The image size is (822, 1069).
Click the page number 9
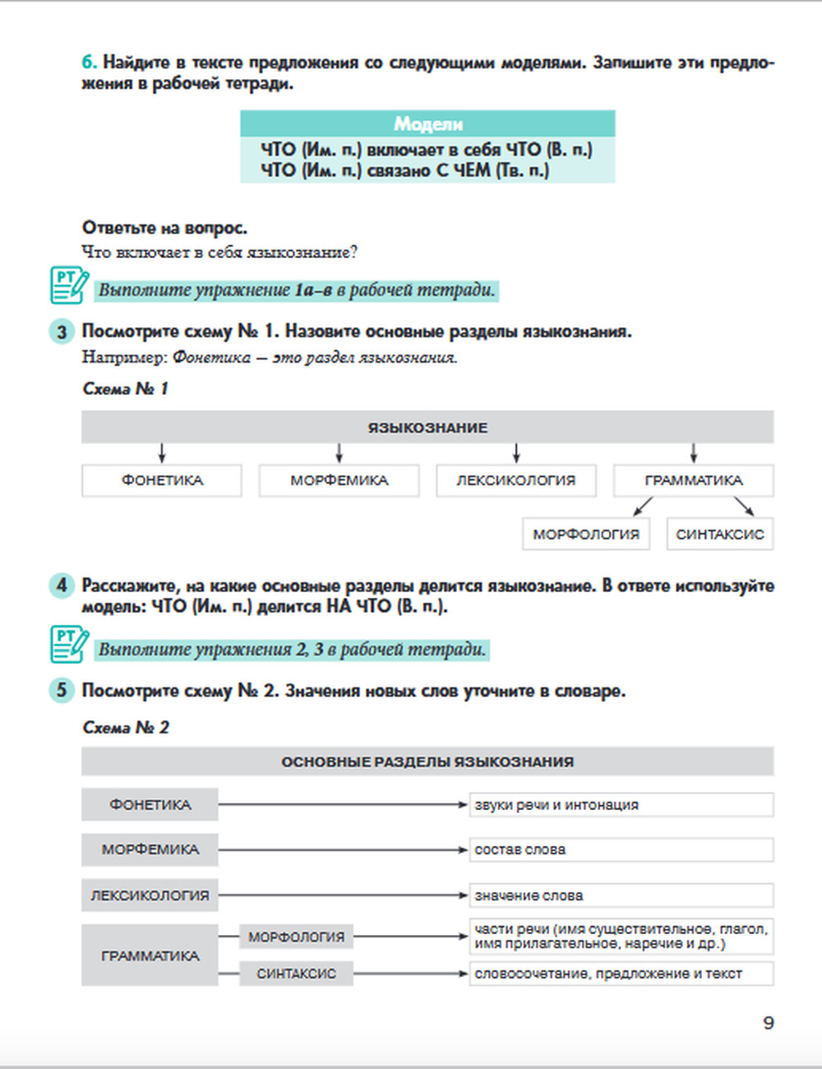769,1023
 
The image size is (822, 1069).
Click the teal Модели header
427,123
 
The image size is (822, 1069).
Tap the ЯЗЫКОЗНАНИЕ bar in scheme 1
427,428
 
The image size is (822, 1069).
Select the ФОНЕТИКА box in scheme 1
162,480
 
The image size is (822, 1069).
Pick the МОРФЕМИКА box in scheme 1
339,480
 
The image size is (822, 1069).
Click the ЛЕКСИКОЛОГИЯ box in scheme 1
516,480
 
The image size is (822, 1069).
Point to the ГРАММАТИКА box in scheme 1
693,480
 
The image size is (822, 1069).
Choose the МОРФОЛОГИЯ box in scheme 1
586,534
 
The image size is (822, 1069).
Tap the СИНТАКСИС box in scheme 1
720,534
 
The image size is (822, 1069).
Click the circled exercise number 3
62,332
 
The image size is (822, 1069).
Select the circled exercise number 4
62,586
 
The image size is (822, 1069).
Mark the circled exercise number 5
62,690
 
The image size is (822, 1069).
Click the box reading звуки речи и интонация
621,805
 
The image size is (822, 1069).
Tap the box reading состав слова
621,849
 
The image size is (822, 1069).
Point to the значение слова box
621,895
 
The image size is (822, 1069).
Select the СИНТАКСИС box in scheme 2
296,974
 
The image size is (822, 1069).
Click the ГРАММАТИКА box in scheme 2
150,956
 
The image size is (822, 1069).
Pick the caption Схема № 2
126,728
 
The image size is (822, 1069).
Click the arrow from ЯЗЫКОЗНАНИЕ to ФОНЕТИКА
162,453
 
